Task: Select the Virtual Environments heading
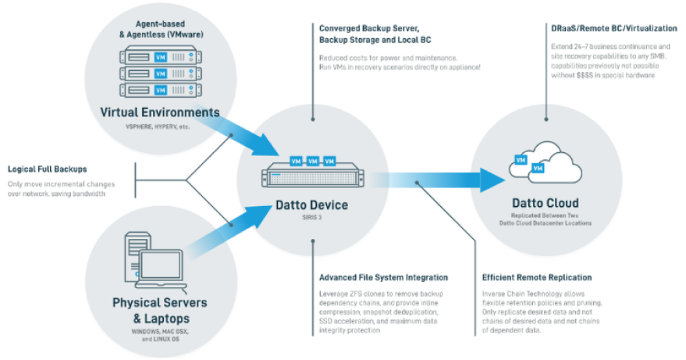(160, 112)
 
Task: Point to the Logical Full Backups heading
(47, 169)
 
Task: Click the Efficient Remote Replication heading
(537, 277)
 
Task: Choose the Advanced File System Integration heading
(383, 277)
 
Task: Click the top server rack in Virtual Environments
(160, 56)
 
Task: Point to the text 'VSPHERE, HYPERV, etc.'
(160, 126)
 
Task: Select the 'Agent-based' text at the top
(161, 24)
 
